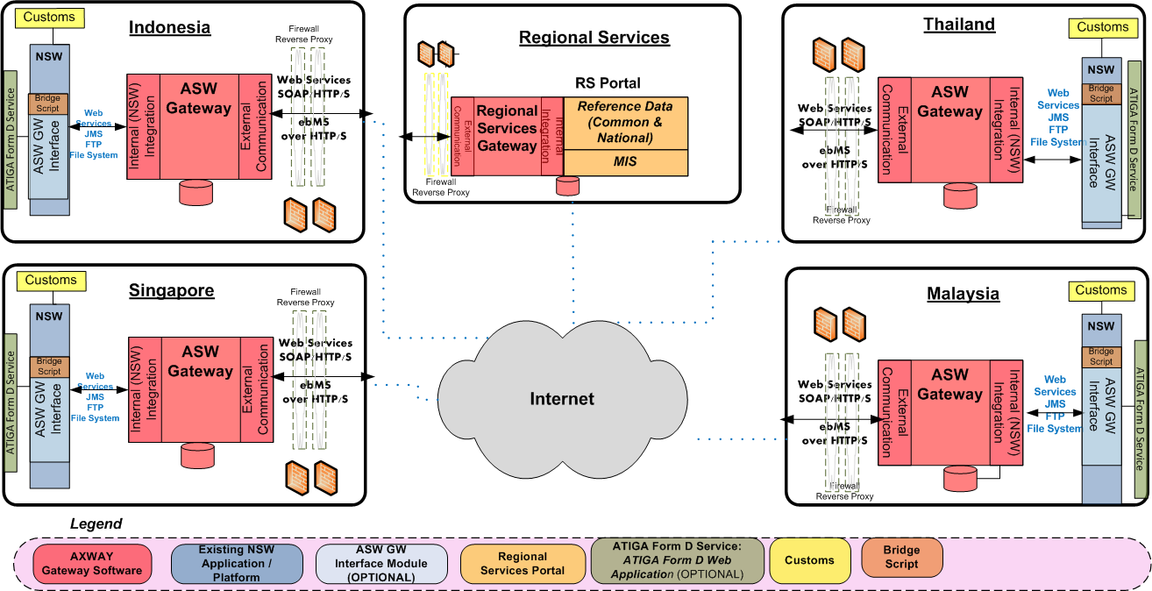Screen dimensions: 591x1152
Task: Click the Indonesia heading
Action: [169, 27]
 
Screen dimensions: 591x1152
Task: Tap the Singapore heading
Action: [171, 290]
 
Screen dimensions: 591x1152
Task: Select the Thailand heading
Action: [959, 25]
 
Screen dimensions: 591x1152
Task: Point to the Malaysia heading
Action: [963, 294]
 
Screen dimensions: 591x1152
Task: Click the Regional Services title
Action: [594, 38]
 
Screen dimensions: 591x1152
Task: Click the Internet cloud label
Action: [562, 399]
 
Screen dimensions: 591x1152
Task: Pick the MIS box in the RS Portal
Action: [625, 162]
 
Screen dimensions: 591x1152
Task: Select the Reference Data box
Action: [625, 122]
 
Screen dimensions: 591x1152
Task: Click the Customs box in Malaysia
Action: [1101, 290]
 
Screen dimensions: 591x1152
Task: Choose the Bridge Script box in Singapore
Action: [49, 367]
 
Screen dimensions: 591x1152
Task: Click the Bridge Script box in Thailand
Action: [1100, 93]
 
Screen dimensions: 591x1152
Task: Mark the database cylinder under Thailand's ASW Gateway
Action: [961, 196]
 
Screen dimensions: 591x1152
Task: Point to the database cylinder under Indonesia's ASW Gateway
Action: [196, 192]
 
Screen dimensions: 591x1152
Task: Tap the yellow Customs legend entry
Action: [809, 560]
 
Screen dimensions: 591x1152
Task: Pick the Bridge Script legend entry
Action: [901, 557]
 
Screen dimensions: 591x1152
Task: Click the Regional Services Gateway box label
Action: [506, 129]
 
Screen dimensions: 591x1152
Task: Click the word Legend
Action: [96, 524]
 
